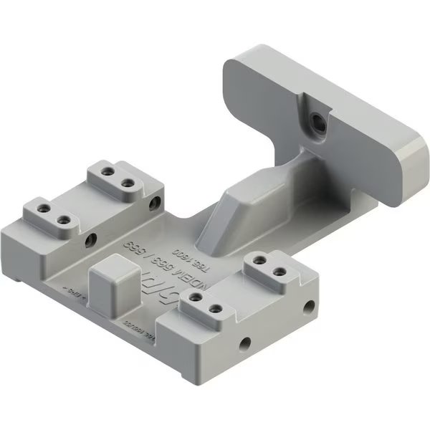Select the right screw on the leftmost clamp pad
click(63, 219)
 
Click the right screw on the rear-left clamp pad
click(128, 183)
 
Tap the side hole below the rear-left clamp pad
click(152, 204)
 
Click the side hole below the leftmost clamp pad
click(90, 239)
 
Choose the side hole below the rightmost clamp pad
click(310, 305)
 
